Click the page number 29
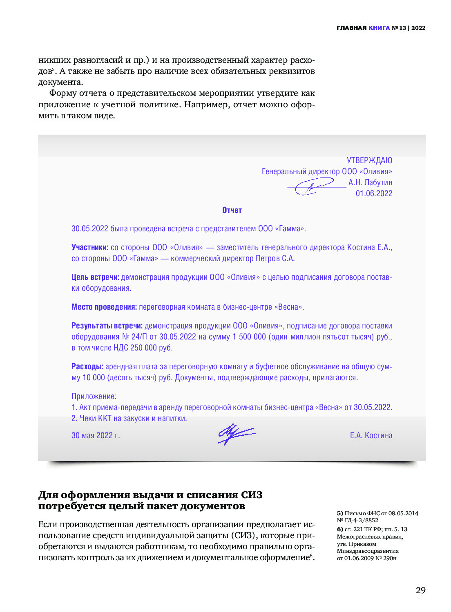[x=420, y=590]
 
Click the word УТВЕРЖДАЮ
[x=369, y=160]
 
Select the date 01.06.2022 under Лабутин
[x=374, y=193]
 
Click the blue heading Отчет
[x=232, y=210]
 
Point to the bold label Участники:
[x=90, y=247]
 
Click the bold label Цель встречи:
[x=95, y=277]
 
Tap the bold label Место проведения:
[x=104, y=307]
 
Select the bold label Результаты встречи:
[x=107, y=326]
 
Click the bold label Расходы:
[x=87, y=366]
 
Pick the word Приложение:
[x=94, y=396]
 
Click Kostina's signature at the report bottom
[x=236, y=434]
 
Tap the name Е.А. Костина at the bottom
[x=371, y=435]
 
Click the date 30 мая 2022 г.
[x=96, y=435]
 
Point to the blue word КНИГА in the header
[x=379, y=28]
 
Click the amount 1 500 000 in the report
[x=249, y=337]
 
